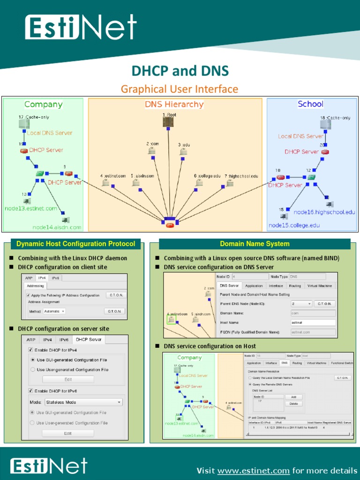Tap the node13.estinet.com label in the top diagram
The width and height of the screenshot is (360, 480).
click(x=31, y=208)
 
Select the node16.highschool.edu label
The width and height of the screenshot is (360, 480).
click(x=324, y=212)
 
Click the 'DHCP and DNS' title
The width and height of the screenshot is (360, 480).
click(x=180, y=71)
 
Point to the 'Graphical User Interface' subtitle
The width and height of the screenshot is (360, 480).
click(x=180, y=89)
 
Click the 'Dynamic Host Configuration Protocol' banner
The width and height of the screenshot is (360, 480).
click(x=75, y=244)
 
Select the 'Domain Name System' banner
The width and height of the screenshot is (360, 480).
click(x=255, y=244)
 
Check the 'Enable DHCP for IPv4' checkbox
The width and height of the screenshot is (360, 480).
click(x=31, y=350)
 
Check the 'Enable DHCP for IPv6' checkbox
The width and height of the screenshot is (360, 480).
click(x=31, y=390)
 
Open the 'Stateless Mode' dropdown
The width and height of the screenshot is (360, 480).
click(x=83, y=402)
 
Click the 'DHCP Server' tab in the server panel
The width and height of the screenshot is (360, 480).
click(x=89, y=340)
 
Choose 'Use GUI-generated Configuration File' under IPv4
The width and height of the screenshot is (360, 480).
click(x=33, y=360)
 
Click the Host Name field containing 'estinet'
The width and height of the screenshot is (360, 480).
click(x=313, y=322)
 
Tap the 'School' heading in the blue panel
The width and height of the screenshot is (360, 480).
click(x=310, y=104)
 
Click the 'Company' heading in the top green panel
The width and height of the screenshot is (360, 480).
click(x=43, y=105)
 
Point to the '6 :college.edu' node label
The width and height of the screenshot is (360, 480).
click(x=207, y=176)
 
